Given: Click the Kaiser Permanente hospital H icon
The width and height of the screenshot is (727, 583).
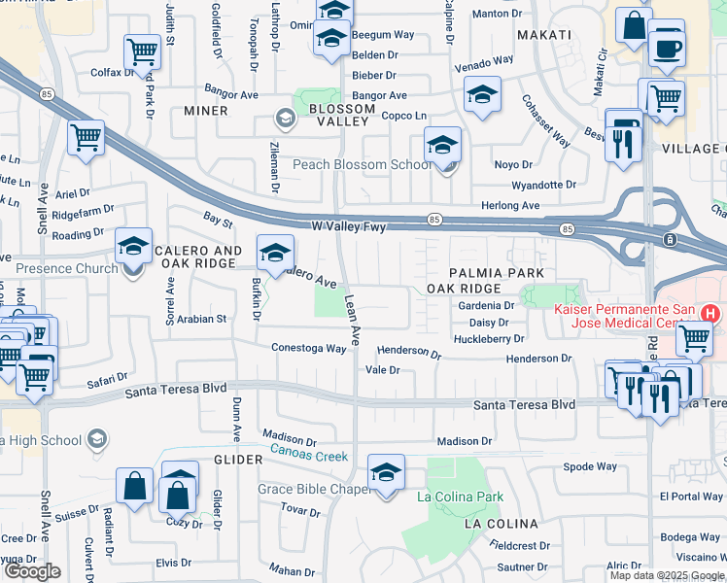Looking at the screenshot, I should [710, 314].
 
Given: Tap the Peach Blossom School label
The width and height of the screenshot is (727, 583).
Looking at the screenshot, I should [363, 164].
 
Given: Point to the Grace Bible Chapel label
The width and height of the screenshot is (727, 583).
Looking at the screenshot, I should [315, 489].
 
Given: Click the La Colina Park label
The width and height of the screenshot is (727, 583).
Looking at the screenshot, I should [460, 497].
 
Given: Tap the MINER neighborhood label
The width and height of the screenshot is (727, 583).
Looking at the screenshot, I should [205, 111].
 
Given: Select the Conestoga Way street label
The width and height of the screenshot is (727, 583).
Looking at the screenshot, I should [309, 348].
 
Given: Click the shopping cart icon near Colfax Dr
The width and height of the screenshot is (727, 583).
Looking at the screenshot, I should [142, 51].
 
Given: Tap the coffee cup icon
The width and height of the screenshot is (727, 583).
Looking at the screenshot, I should [667, 48].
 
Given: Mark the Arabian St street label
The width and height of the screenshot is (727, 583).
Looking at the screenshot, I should [201, 318].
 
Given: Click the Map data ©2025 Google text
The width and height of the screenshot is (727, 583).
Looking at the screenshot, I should [666, 575].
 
